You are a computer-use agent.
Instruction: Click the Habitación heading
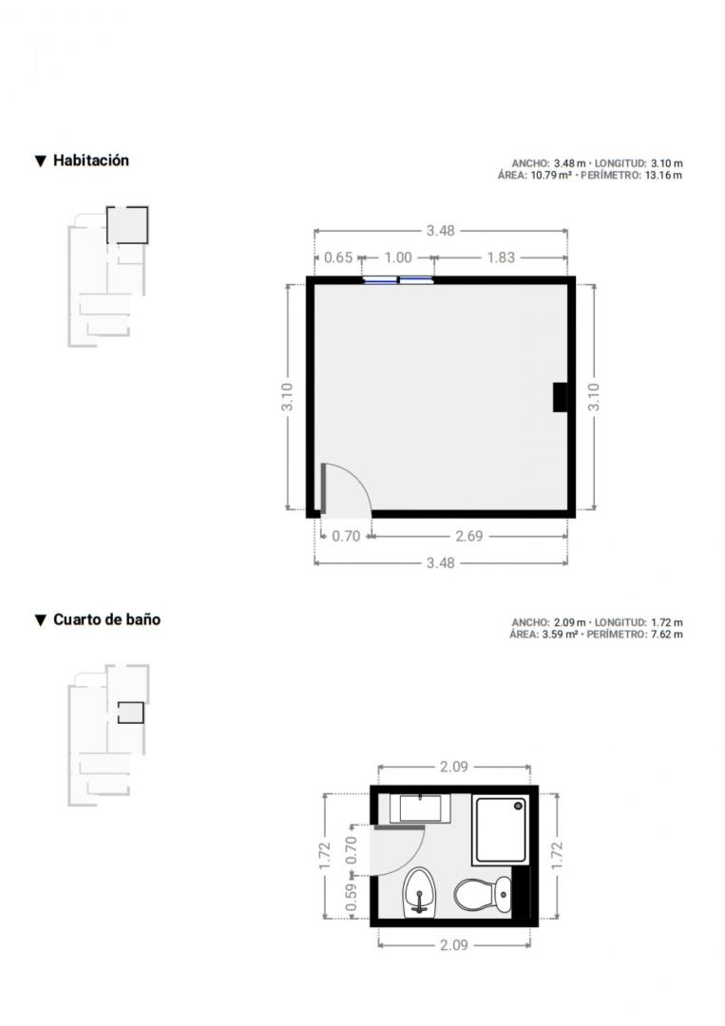[x=91, y=161]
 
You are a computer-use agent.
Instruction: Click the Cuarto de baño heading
[x=106, y=619]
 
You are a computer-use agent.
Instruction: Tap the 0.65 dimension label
[x=338, y=257]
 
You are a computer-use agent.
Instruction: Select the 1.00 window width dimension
[x=398, y=257]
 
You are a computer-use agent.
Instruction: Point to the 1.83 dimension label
[x=501, y=257]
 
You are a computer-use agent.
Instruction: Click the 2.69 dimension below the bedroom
[x=469, y=537]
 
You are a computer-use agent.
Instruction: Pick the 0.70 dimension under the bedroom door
[x=346, y=537]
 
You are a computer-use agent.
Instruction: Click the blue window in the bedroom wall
[x=398, y=280]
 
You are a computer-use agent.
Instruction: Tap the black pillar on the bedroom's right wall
[x=560, y=397]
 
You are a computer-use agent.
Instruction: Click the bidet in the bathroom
[x=419, y=892]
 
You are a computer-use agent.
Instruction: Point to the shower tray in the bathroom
[x=501, y=829]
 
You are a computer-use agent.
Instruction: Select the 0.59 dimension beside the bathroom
[x=352, y=898]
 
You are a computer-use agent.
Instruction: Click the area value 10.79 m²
[x=551, y=176]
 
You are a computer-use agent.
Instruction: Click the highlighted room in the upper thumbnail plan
[x=127, y=225]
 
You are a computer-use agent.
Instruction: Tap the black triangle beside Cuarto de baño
[x=41, y=620]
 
